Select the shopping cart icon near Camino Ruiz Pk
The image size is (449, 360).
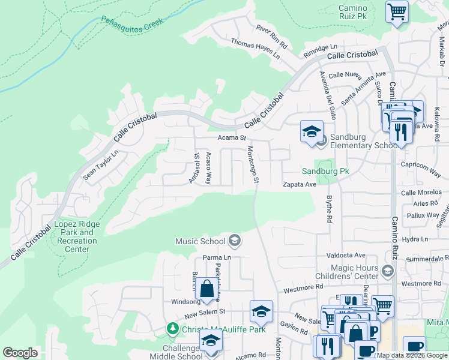pyautogui.click(x=397, y=12)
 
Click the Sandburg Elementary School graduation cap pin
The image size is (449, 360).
pyautogui.click(x=312, y=132)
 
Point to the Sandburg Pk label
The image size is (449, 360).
pyautogui.click(x=325, y=171)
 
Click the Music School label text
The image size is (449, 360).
pyautogui.click(x=200, y=241)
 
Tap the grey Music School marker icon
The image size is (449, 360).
pyautogui.click(x=235, y=241)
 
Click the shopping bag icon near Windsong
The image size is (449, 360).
pyautogui.click(x=207, y=289)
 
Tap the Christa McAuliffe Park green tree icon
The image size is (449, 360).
pyautogui.click(x=173, y=329)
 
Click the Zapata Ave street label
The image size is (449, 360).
pyautogui.click(x=300, y=185)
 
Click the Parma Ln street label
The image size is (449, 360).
pyautogui.click(x=217, y=257)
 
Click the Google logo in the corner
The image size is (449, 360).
pyautogui.click(x=20, y=353)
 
